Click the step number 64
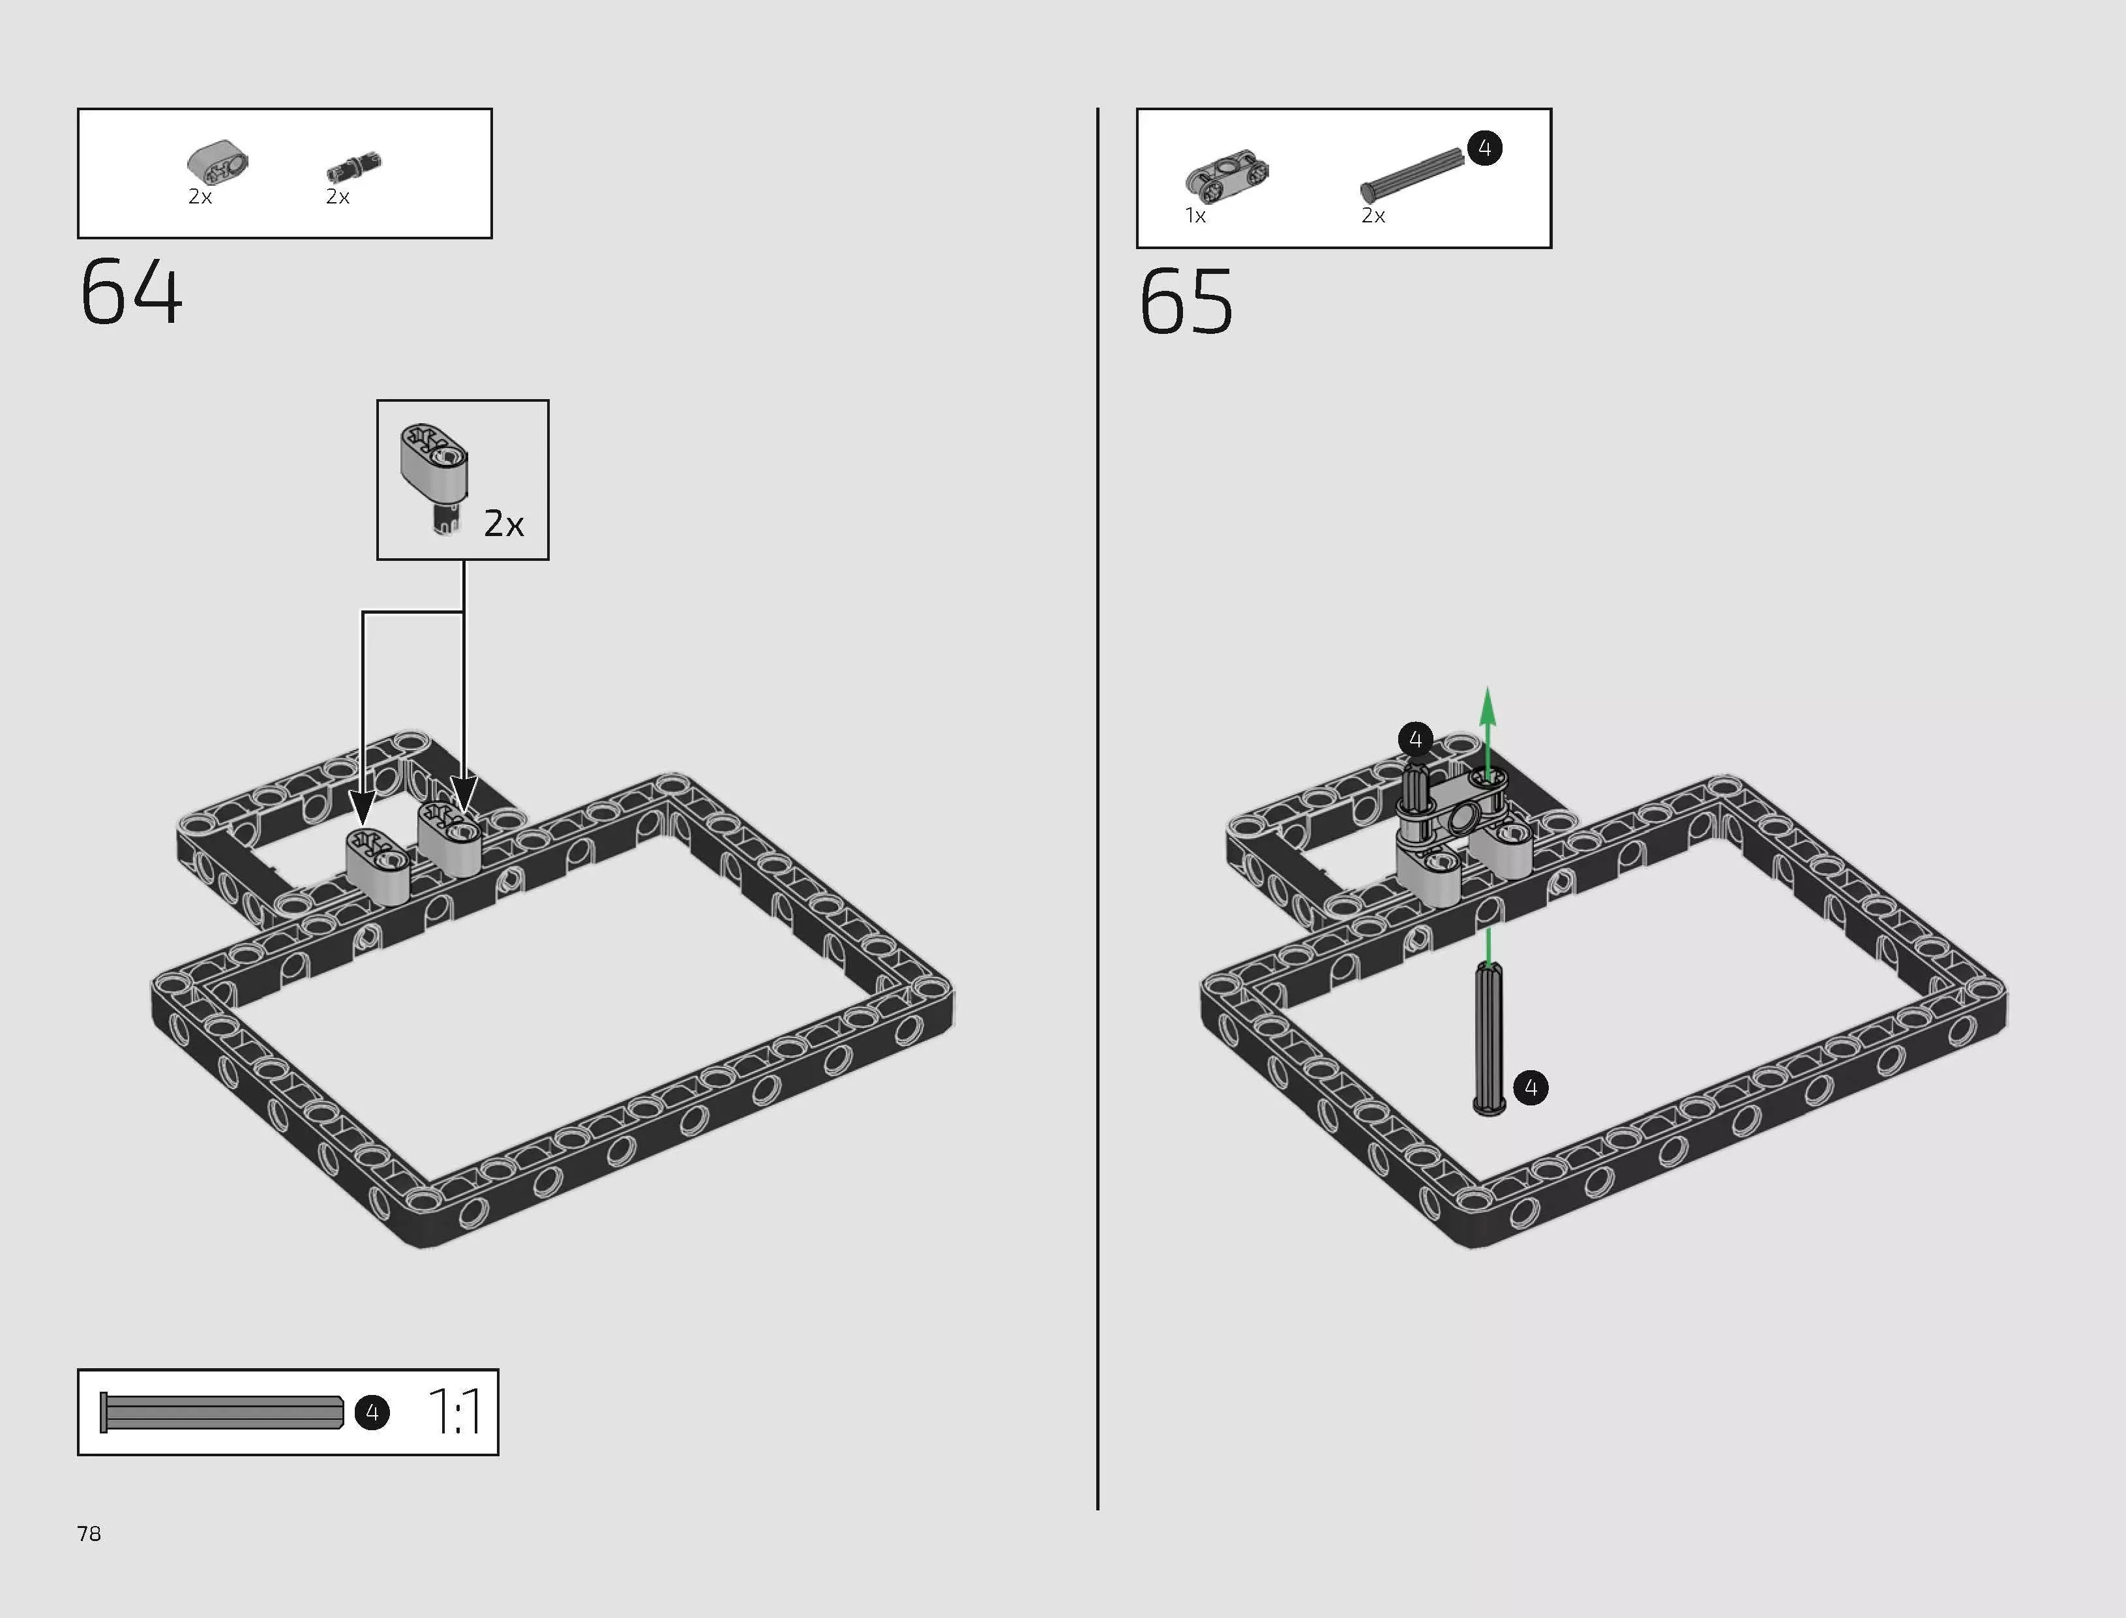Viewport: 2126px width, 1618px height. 131,292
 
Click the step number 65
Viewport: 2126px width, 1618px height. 1186,301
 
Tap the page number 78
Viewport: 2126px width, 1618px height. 89,1533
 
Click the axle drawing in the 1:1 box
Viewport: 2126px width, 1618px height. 222,1413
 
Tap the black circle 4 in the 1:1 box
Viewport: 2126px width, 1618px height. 372,1413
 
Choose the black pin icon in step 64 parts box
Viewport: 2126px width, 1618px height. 353,168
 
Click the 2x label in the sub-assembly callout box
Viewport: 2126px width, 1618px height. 503,524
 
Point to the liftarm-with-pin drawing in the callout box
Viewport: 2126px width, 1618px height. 435,473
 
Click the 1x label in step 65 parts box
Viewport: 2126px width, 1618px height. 1195,216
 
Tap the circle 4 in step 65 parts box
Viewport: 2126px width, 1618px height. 1485,148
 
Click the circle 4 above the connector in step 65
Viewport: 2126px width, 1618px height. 1415,740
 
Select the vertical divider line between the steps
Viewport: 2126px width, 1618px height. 1098,809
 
